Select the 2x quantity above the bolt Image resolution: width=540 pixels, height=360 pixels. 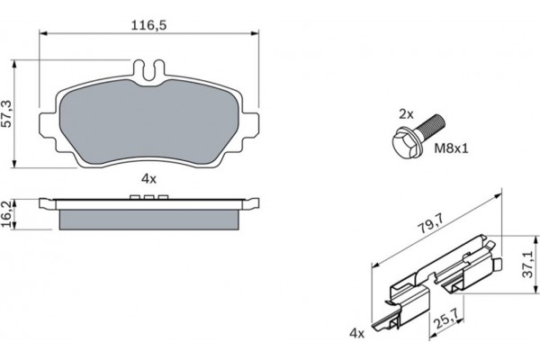click(406, 114)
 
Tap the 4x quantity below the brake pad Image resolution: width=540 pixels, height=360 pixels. click(149, 179)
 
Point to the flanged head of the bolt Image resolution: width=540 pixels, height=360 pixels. click(401, 140)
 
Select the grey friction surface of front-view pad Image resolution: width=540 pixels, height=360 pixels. click(149, 121)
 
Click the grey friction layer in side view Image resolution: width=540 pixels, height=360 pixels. click(149, 218)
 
